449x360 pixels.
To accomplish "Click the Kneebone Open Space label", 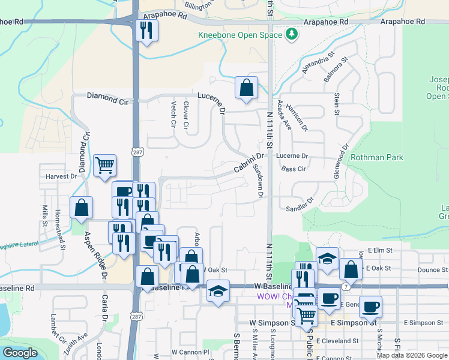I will tap(240, 35).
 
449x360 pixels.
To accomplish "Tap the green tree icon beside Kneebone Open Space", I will tap(292, 34).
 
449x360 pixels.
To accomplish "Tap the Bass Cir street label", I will tap(294, 169).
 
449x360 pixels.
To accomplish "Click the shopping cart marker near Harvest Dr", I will tap(105, 165).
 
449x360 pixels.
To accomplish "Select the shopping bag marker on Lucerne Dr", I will tap(246, 88).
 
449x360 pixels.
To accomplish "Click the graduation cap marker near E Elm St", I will tap(327, 259).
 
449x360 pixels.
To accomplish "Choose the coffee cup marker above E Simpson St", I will tap(370, 307).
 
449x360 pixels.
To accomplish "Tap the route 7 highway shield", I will tap(346, 287).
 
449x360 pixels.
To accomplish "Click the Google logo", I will tap(20, 353).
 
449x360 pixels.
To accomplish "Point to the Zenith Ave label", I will tap(80, 342).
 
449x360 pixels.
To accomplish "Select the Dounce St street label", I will tap(429, 270).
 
